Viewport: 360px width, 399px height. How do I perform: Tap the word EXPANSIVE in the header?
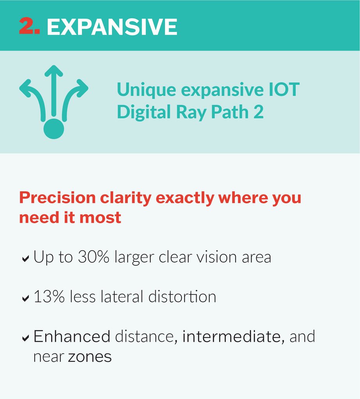(x=112, y=27)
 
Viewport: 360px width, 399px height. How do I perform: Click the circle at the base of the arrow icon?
(x=54, y=129)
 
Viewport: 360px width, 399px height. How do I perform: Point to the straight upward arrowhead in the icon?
(x=54, y=71)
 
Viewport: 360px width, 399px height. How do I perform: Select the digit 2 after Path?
(x=259, y=112)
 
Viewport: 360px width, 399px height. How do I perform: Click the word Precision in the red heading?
(x=57, y=198)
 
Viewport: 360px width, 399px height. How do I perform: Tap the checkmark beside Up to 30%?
(x=25, y=259)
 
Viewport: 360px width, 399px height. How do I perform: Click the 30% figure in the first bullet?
(x=94, y=257)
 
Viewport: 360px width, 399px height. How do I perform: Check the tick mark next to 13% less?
(x=25, y=298)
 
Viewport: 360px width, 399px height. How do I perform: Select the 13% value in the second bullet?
(x=49, y=297)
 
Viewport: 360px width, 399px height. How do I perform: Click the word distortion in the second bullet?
(x=182, y=297)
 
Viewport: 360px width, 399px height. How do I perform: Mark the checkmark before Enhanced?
(x=25, y=338)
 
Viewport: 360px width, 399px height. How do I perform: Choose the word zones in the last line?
(x=90, y=357)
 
